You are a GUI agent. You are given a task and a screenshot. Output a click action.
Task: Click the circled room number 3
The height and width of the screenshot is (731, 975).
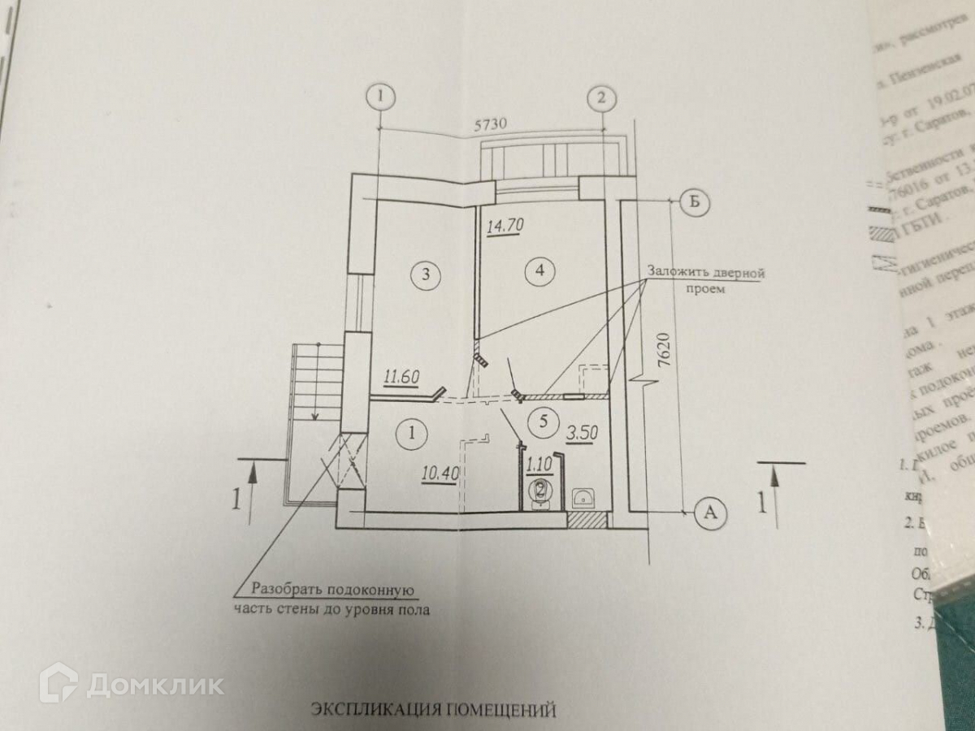[x=425, y=274]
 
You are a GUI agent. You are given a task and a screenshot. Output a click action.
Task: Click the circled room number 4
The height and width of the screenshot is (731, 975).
[x=536, y=270]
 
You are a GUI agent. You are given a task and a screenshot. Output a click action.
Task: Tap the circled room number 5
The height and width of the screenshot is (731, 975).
[x=544, y=421]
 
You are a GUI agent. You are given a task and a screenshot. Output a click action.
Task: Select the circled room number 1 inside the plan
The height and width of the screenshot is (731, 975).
[x=412, y=433]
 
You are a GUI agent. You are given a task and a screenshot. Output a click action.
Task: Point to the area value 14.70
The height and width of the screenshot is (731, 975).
[x=502, y=226]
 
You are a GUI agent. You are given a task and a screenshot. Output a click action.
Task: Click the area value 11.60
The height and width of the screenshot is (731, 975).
[x=401, y=376]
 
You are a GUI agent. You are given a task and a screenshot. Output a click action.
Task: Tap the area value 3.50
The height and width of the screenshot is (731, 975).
[x=582, y=432]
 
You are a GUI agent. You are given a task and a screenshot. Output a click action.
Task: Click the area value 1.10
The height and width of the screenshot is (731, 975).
[x=539, y=465]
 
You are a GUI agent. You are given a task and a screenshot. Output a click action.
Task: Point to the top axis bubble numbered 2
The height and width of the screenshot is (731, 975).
[x=600, y=97]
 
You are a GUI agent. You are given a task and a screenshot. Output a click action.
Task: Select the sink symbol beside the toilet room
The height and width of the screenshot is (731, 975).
[x=582, y=496]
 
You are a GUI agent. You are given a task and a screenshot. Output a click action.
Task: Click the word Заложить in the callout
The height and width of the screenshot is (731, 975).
[x=677, y=273]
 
